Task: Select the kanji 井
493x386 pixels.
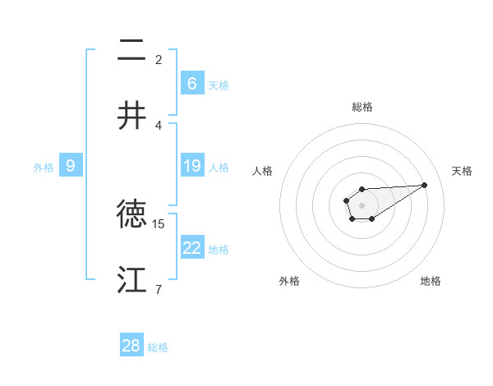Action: point(131,114)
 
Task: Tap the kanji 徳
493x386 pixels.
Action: point(131,214)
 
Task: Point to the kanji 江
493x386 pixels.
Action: point(131,279)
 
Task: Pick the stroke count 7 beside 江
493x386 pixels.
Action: point(159,288)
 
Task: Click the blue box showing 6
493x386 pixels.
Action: point(191,84)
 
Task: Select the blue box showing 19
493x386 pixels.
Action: point(191,166)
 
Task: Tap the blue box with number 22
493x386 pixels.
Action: point(191,248)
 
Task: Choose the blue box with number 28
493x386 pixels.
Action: point(131,346)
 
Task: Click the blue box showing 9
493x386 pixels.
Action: point(71,166)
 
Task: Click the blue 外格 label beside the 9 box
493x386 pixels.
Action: point(44,167)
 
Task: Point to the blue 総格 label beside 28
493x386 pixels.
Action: point(158,347)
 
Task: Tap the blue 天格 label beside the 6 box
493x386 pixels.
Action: point(219,85)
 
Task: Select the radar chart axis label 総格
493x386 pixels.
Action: point(362,107)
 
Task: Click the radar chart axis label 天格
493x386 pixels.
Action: point(462,171)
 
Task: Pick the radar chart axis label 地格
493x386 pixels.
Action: point(431,281)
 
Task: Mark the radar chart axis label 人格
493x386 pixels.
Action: point(263,171)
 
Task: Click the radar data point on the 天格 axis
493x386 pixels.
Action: point(425,184)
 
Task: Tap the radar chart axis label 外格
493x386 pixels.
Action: point(289,281)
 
